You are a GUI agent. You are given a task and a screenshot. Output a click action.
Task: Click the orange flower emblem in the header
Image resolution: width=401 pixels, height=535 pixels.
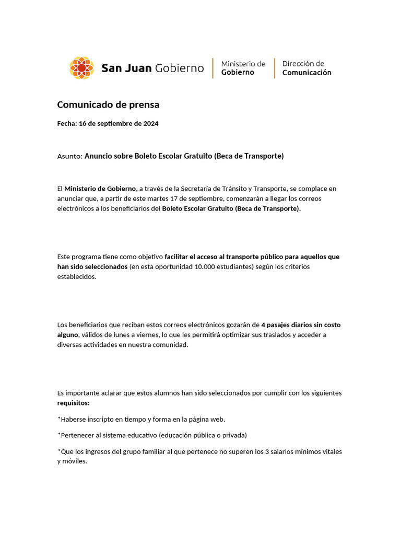81,68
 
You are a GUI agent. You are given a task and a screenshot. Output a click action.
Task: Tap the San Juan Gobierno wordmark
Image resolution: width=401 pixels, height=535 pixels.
152,68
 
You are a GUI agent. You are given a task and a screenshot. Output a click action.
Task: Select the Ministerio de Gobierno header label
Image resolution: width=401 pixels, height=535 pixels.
243,68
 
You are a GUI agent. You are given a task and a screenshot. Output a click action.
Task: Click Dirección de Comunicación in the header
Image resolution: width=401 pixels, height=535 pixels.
306,68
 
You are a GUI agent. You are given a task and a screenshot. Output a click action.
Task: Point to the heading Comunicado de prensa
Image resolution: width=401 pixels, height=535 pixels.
108,105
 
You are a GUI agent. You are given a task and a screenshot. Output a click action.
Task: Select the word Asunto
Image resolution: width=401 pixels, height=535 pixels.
69,156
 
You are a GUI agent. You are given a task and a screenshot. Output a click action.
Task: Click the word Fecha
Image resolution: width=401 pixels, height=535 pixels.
66,124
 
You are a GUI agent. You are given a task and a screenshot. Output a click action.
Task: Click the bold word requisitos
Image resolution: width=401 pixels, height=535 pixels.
73,403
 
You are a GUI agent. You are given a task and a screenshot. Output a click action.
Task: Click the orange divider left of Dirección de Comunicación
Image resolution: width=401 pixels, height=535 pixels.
275,68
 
